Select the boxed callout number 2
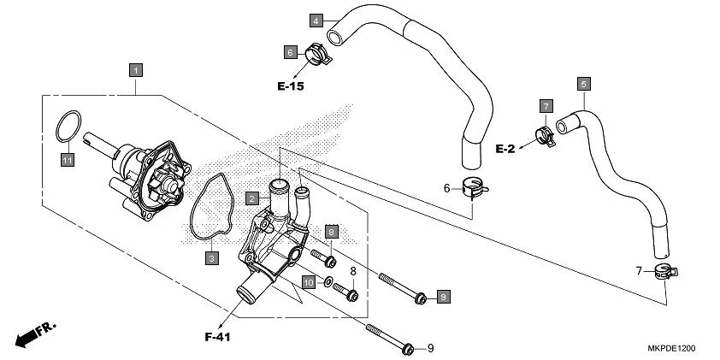point(252,198)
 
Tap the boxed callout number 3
point(210,256)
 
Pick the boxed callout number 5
point(583,84)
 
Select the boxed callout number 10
point(308,280)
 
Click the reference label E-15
point(290,86)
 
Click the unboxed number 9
point(431,348)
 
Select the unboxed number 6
point(446,188)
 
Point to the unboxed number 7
point(639,271)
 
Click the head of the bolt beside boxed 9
point(419,298)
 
